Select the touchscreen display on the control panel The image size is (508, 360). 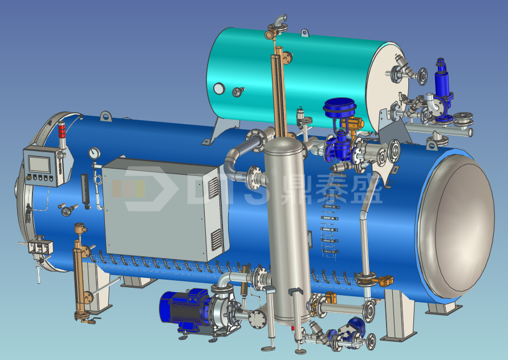pos(39,164)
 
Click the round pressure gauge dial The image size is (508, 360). pos(94,153)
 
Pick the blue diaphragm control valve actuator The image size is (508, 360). pos(340,107)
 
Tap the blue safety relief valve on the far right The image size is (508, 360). pos(442,87)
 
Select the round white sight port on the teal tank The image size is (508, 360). pos(219,88)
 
